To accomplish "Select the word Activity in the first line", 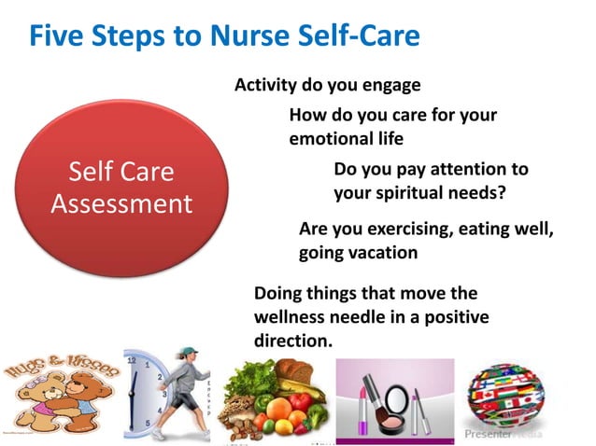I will tap(264, 86).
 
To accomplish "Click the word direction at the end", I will tap(292, 341).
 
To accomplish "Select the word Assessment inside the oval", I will tap(121, 203).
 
